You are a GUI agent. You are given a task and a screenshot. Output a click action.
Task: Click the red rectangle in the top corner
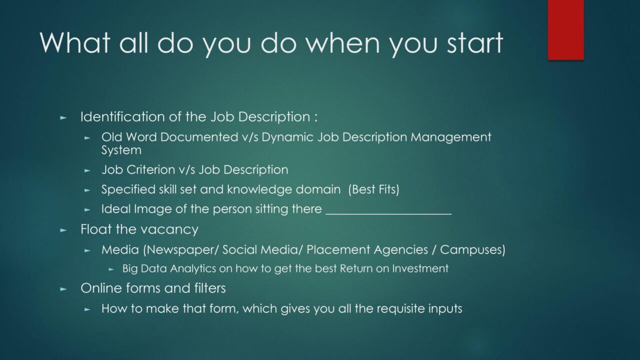coord(565,29)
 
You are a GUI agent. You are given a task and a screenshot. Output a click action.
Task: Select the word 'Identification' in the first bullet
coord(122,116)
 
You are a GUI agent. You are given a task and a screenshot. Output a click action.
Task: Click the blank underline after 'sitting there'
coord(388,213)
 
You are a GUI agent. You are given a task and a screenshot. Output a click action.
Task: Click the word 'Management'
coord(451,137)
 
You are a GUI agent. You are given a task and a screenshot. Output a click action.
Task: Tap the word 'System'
coord(121,150)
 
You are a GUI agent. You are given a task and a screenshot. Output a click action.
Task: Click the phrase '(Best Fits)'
coord(373,189)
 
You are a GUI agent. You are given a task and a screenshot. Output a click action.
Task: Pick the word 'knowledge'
coord(259,189)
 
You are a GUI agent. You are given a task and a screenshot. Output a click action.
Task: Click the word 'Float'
coord(96,229)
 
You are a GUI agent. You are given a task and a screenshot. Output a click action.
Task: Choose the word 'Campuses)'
coord(472,250)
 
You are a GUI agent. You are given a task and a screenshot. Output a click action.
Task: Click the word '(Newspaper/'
coord(181,250)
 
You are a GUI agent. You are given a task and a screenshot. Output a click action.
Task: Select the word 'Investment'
coord(420,268)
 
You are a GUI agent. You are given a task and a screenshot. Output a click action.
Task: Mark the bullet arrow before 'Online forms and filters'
coord(63,289)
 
